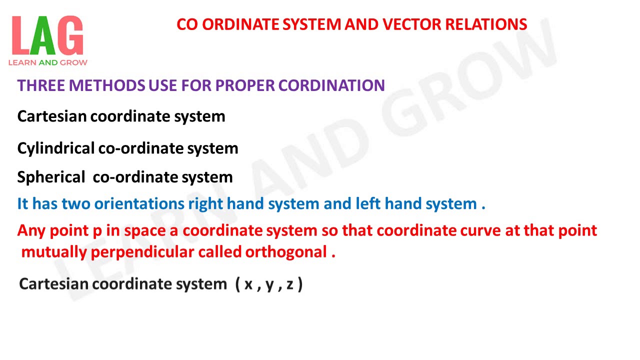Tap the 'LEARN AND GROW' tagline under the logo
coord(47,62)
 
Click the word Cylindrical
coord(55,148)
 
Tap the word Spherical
coord(51,177)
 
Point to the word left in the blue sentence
coord(366,204)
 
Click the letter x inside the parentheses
coord(248,285)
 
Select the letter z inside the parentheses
coord(290,285)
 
